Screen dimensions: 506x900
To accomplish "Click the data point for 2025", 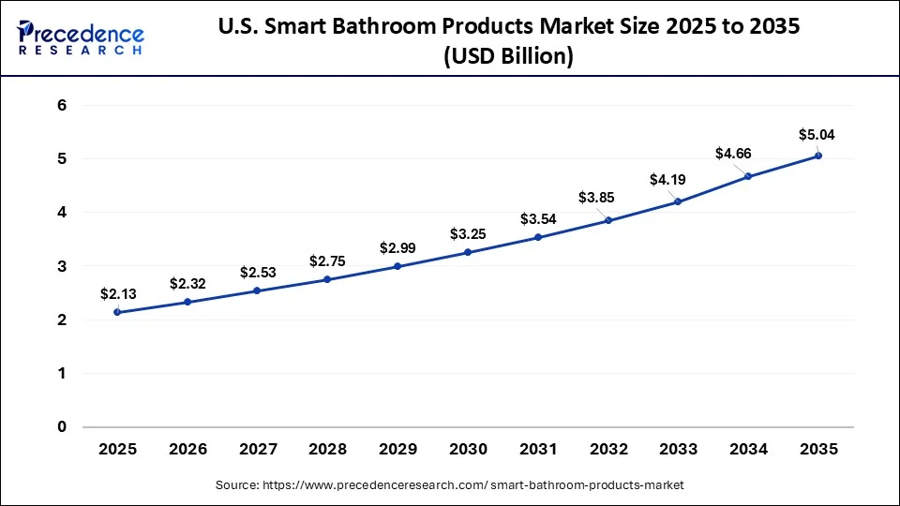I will (x=116, y=312).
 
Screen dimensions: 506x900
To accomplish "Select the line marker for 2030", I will (x=468, y=252).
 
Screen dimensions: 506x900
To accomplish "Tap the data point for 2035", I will (x=818, y=156).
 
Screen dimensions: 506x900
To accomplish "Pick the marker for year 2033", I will (x=678, y=201).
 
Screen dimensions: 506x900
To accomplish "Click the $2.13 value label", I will (x=118, y=293).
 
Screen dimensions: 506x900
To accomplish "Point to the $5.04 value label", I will (x=816, y=134).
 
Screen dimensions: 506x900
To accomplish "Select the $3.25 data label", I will (x=468, y=232).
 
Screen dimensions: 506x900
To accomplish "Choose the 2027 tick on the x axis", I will (x=257, y=450).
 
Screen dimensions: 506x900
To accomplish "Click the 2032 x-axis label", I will (x=607, y=450).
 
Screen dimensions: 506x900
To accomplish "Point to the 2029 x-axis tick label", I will (x=397, y=450).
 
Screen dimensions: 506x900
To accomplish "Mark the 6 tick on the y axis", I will (x=62, y=106).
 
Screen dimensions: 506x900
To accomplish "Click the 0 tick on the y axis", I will (x=62, y=427).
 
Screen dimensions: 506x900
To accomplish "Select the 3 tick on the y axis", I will (x=62, y=267).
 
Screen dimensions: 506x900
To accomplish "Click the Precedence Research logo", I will (x=81, y=37).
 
